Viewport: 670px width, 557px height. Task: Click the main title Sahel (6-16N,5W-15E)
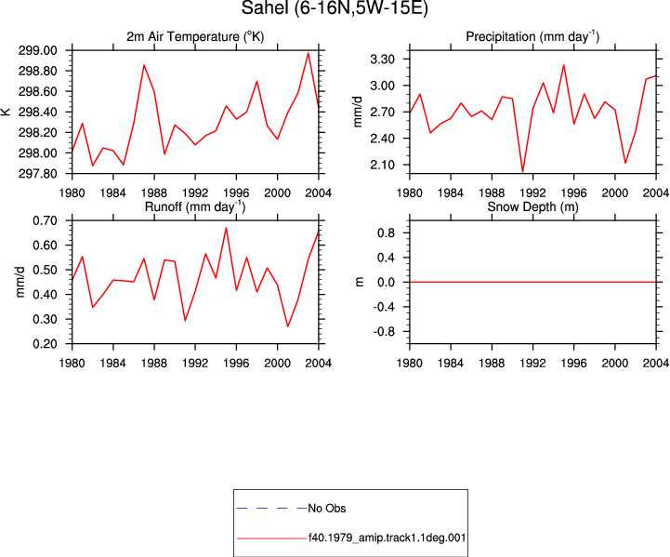tap(335, 7)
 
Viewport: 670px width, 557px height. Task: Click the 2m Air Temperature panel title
tap(195, 37)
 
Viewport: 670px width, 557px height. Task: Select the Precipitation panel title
tap(532, 37)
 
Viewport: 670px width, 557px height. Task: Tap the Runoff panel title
tap(195, 206)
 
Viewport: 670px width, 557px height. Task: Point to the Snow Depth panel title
tap(532, 206)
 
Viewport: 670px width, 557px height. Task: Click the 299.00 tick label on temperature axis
tap(37, 50)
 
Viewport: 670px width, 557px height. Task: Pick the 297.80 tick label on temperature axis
tap(37, 174)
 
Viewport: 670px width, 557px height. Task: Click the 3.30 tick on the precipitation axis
tap(382, 59)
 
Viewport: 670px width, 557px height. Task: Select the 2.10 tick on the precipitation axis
tap(382, 165)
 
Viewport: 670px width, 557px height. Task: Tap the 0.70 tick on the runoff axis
tap(45, 221)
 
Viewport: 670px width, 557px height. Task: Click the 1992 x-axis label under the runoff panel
tap(195, 364)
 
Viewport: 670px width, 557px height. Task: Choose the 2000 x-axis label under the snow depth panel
tap(615, 364)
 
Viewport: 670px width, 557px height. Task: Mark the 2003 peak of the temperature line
tap(309, 53)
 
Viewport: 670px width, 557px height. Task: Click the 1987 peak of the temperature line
tap(144, 65)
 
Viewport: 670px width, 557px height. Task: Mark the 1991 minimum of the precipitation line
tap(522, 172)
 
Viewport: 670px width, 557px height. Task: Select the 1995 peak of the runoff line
tap(226, 228)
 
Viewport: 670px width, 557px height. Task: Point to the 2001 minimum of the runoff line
tap(287, 326)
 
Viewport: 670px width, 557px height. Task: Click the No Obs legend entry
tap(327, 509)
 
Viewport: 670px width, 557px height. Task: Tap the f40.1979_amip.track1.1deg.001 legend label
tap(388, 537)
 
